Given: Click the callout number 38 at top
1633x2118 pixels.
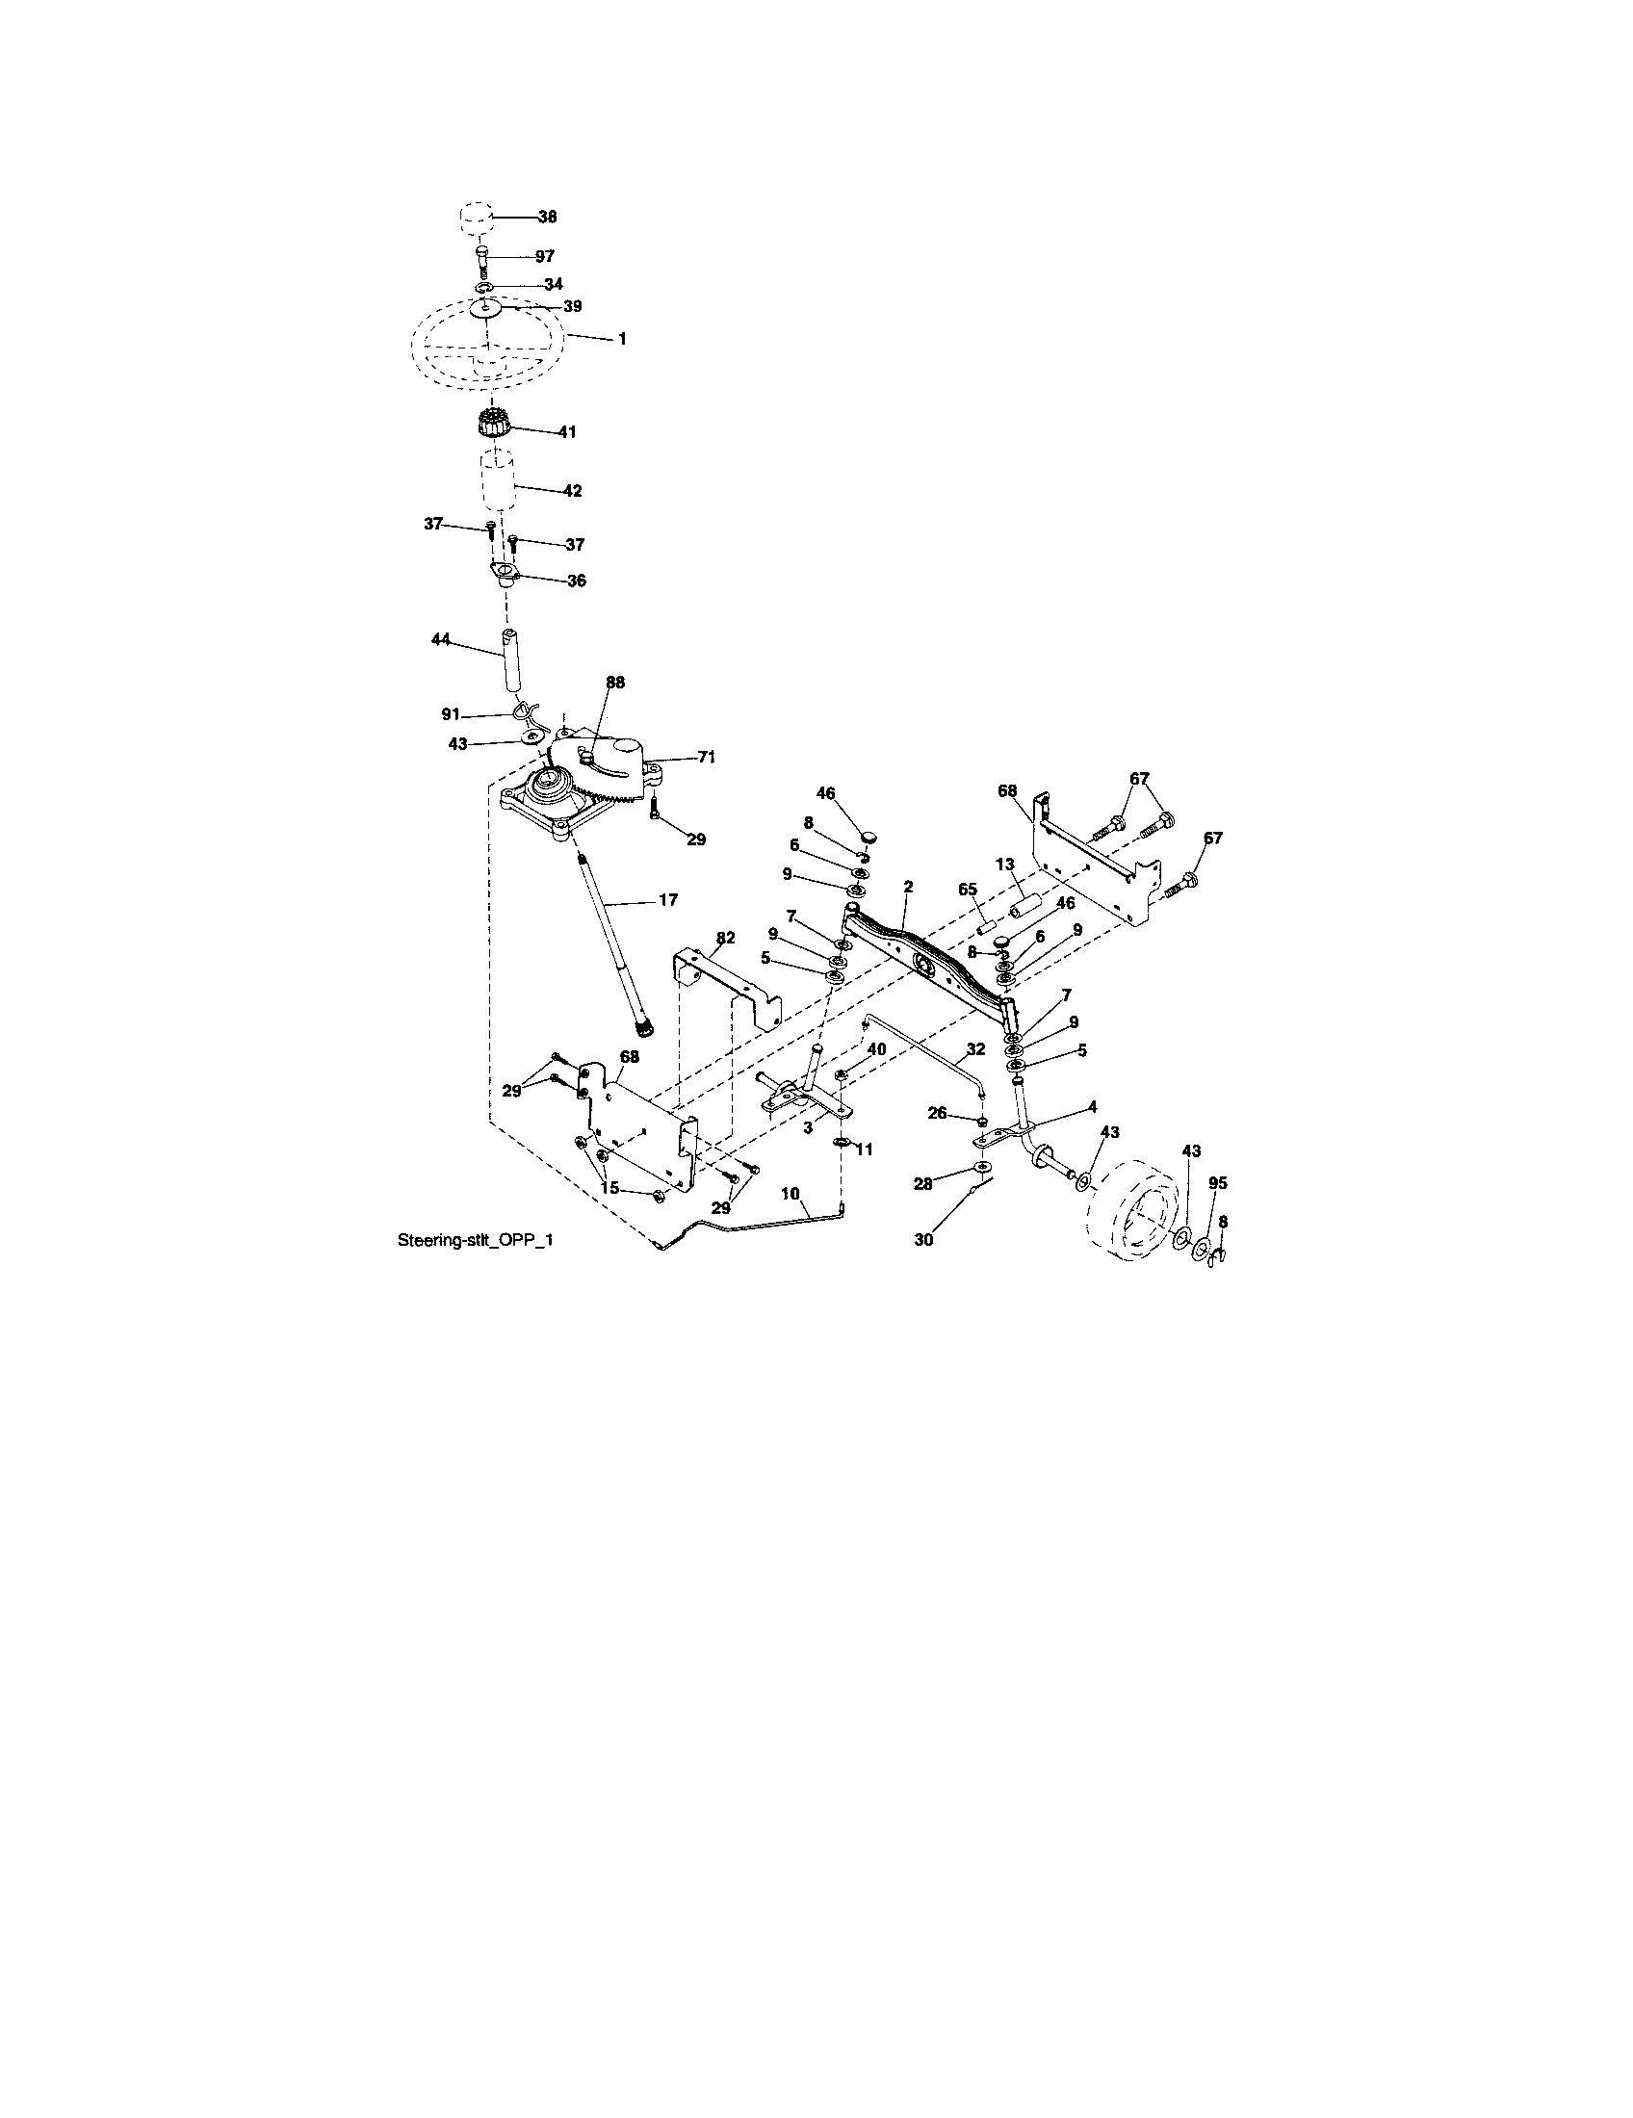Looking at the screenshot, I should (547, 218).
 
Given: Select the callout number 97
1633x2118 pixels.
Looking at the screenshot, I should (544, 256).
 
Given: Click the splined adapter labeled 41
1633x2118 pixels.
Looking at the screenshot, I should (495, 425).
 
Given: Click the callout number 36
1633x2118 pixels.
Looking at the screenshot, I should (576, 581).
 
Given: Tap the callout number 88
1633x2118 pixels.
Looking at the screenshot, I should (616, 683).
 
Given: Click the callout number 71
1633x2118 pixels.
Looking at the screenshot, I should (706, 756).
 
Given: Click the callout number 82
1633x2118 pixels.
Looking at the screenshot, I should (725, 938).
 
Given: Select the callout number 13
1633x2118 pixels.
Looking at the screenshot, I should (1004, 864).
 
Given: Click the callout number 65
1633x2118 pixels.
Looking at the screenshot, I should (967, 889).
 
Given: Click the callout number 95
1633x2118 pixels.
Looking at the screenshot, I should (1218, 1183).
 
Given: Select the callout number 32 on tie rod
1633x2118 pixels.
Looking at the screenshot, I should (975, 1049).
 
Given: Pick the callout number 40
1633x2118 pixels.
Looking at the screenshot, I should (875, 1048).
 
